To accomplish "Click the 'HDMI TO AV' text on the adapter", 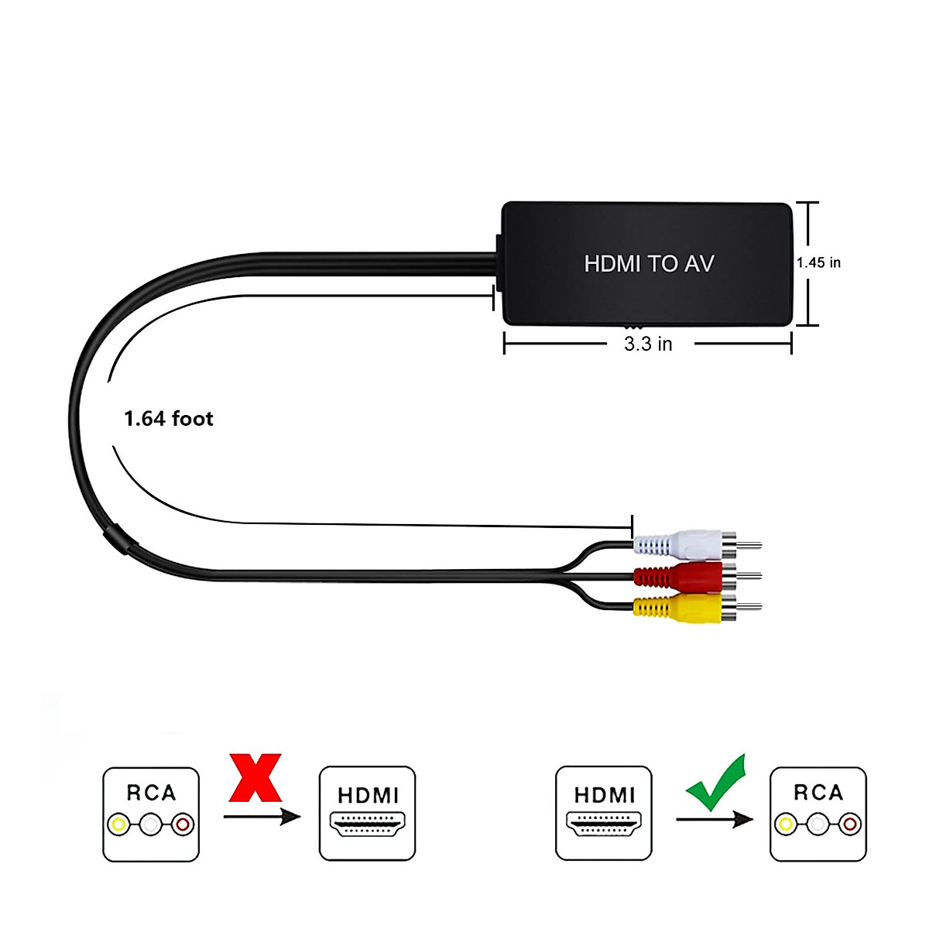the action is pyautogui.click(x=649, y=264).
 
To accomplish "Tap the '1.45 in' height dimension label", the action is pyautogui.click(x=818, y=262).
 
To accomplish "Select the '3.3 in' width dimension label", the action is pyautogui.click(x=648, y=344).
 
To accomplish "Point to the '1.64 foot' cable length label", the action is pyautogui.click(x=169, y=419).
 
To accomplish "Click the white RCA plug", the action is pyautogui.click(x=697, y=545).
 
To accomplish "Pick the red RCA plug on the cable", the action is pyautogui.click(x=697, y=576).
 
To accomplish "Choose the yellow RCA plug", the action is pyautogui.click(x=697, y=607).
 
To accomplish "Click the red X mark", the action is pyautogui.click(x=255, y=777).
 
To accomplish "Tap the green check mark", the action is pyautogui.click(x=716, y=783).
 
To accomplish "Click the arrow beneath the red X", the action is pyautogui.click(x=262, y=816).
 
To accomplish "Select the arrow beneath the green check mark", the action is pyautogui.click(x=715, y=819).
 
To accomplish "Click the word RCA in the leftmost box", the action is pyautogui.click(x=152, y=793).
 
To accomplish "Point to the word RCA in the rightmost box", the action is pyautogui.click(x=818, y=792).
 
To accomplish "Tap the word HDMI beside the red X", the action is pyautogui.click(x=369, y=796).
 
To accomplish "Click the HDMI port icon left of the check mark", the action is pyautogui.click(x=604, y=824).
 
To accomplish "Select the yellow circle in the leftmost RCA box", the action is pyautogui.click(x=118, y=824).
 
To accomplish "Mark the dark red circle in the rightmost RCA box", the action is pyautogui.click(x=850, y=824).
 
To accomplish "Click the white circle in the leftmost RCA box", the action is pyautogui.click(x=151, y=824).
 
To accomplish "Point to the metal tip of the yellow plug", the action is pyautogui.click(x=749, y=607).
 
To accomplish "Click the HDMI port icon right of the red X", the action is pyautogui.click(x=368, y=824).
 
